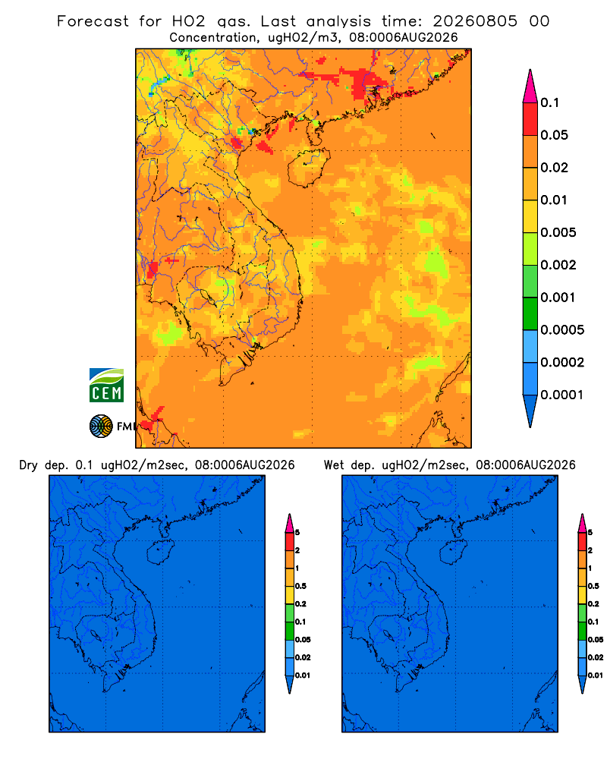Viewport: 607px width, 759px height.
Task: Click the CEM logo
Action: tap(106, 386)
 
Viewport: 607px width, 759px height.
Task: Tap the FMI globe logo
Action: tap(101, 426)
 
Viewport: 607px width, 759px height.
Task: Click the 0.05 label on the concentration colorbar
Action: tap(554, 135)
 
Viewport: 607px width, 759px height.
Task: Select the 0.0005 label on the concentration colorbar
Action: tap(562, 330)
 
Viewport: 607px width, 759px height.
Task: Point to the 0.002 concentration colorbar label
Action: tap(558, 265)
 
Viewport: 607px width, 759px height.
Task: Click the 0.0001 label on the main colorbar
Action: tap(562, 395)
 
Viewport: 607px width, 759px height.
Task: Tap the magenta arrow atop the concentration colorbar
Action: tap(530, 87)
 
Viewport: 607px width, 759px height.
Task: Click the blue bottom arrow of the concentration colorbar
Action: tap(530, 411)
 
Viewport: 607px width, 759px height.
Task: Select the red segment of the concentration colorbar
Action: tap(530, 119)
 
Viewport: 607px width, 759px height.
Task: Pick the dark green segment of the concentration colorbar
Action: tap(530, 313)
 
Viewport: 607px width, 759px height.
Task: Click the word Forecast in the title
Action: tap(93, 21)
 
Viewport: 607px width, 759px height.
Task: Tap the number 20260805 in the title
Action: tap(475, 21)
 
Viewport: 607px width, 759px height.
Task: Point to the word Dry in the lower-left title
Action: tap(28, 465)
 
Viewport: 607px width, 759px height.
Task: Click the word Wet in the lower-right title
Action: tap(333, 465)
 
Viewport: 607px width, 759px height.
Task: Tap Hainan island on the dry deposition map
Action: tap(160, 552)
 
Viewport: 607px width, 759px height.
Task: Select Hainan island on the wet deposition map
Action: tap(454, 552)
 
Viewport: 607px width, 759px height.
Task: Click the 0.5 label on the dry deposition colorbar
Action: tap(300, 586)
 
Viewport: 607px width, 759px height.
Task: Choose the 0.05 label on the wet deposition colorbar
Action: tap(596, 640)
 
